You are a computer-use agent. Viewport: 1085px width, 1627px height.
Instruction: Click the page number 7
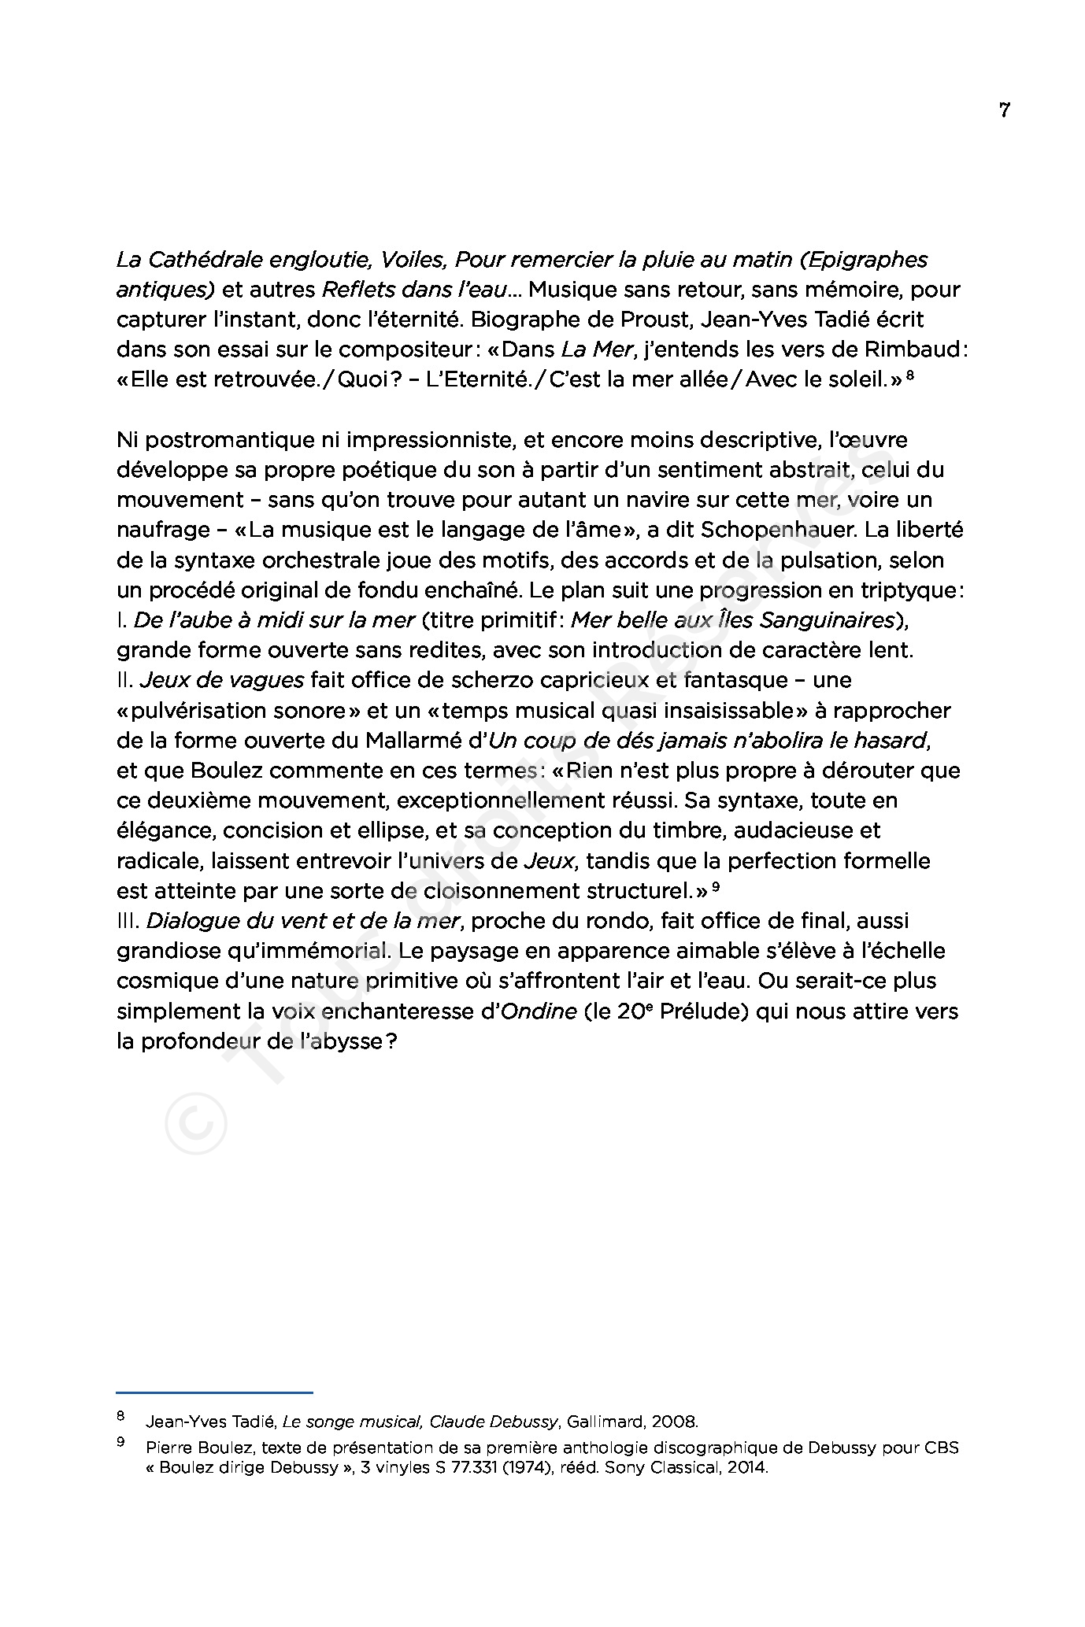coord(1004,110)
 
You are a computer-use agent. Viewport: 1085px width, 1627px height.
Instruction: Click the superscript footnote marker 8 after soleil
coord(910,376)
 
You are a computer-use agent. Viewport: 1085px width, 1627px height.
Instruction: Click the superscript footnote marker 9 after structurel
coord(716,887)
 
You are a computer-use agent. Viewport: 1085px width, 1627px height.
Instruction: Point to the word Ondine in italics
coord(539,1011)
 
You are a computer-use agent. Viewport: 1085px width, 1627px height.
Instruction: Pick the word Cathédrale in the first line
coord(210,260)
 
